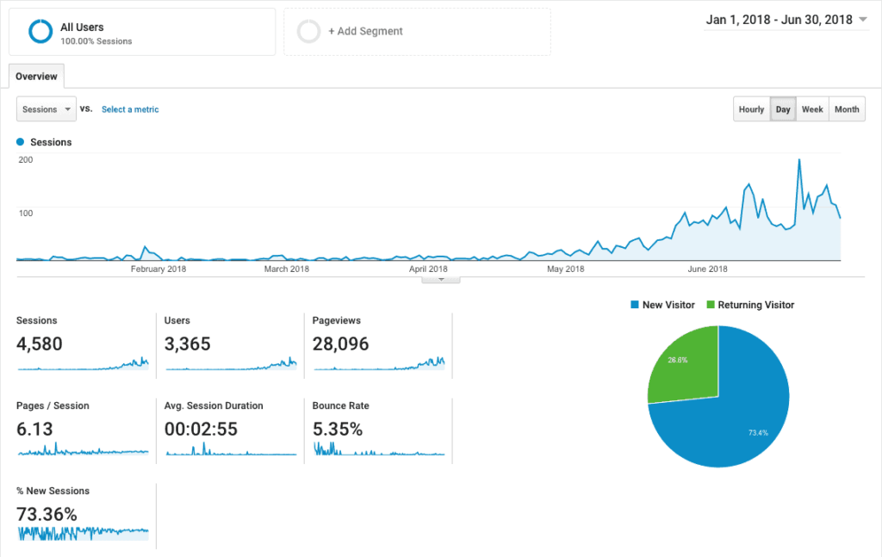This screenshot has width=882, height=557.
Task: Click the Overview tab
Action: point(36,77)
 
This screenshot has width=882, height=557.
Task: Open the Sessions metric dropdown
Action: point(47,109)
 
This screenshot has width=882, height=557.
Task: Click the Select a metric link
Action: point(130,109)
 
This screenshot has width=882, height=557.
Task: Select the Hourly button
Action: point(751,109)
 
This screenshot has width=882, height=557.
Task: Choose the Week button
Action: point(812,109)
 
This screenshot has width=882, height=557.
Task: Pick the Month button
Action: point(847,109)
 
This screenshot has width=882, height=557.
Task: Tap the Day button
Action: point(783,109)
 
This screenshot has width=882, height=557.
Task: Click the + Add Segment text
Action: point(365,32)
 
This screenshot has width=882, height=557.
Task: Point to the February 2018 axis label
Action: point(158,269)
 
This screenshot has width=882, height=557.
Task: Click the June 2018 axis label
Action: point(707,269)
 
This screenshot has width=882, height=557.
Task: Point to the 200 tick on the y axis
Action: point(25,159)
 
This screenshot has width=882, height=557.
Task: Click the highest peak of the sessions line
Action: point(799,160)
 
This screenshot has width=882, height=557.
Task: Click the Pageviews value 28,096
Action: point(341,344)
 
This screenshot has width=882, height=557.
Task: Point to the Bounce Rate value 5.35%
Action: point(338,429)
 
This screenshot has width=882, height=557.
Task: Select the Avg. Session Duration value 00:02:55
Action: point(201,429)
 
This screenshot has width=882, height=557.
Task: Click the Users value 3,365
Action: point(187,344)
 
